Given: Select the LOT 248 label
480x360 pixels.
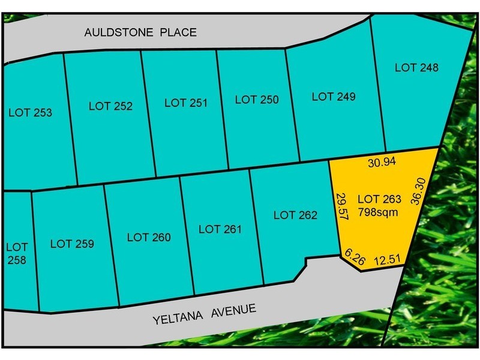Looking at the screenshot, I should coord(416,68).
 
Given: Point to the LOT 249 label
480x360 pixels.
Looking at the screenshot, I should coord(334,97).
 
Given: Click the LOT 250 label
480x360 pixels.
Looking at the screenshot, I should coord(257,100).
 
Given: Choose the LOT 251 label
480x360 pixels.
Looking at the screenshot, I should coord(185,103).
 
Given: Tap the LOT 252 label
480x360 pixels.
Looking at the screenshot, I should coord(110,106).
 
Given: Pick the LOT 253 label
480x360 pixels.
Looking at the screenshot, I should coord(31,112).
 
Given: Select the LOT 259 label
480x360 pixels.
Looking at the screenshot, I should coord(72,244).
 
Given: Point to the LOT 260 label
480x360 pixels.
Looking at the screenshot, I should coord(149,237).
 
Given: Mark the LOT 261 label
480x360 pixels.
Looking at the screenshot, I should coord(220,229).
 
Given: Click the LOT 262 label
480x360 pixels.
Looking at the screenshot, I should coord(295,215).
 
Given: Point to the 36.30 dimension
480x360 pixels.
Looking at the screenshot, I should coord(415,191).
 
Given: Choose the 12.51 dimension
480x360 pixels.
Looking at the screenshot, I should coord(388,259).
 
